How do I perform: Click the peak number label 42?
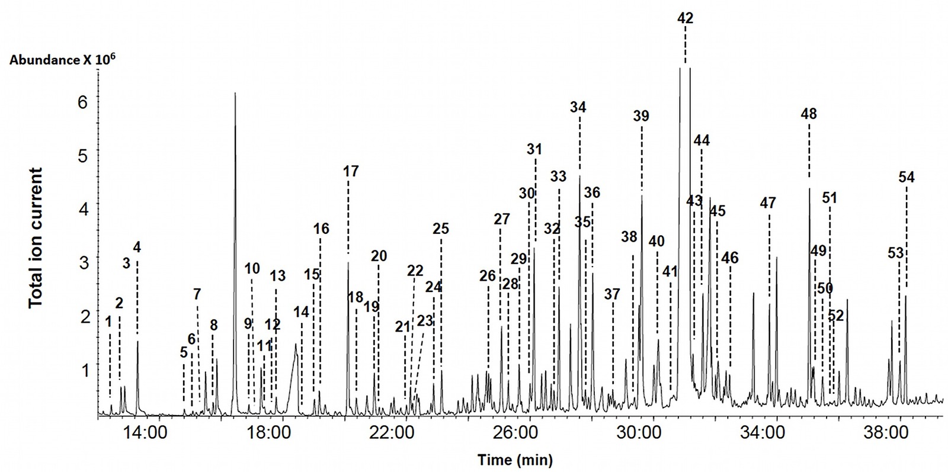coord(685,18)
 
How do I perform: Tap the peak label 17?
coord(351,172)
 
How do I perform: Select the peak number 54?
coord(907,177)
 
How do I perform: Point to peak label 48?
coord(809,113)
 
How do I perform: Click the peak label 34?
coord(578,107)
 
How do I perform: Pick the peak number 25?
coord(441,229)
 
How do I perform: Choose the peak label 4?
coord(137,246)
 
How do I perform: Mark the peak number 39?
coord(641,117)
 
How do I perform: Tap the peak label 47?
coord(768,203)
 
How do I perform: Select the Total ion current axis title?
coord(36,237)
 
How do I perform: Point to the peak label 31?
coord(534,149)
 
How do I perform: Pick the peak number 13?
coord(277,275)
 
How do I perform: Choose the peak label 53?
coord(895,253)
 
